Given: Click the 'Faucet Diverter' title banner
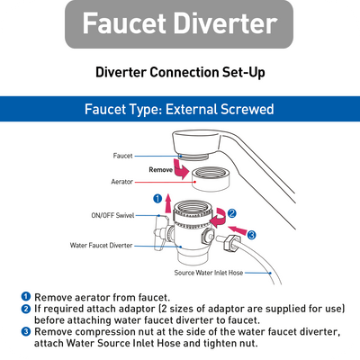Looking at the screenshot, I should tap(179, 24).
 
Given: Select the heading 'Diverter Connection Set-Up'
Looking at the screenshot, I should tap(180, 72).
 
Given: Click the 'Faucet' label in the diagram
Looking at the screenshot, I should tap(123, 155).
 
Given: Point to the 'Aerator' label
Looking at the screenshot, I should tap(123, 180).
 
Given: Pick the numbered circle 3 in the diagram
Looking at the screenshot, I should tap(251, 235).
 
